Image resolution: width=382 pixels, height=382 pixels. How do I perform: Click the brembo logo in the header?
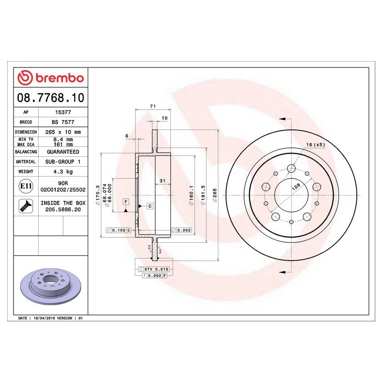(x=50, y=78)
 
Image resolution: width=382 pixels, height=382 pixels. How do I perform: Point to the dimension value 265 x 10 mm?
(x=62, y=132)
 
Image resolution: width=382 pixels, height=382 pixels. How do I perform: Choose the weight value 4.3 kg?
(x=62, y=172)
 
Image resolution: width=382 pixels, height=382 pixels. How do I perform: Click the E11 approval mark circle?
(x=26, y=186)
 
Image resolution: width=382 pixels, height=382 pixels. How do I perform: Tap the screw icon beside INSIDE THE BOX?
(x=26, y=206)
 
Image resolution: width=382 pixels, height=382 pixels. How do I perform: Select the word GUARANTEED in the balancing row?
(x=62, y=152)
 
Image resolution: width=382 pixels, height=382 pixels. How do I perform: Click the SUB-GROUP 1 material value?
(x=62, y=162)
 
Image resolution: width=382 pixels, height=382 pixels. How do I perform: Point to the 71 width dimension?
(x=152, y=106)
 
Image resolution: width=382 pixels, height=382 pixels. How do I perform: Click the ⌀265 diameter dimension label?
(x=215, y=195)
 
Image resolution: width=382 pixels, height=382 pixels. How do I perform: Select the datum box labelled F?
(x=126, y=202)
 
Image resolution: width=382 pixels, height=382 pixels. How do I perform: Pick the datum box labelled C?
(x=150, y=206)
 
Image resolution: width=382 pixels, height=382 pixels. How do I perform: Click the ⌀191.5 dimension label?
(x=203, y=195)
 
